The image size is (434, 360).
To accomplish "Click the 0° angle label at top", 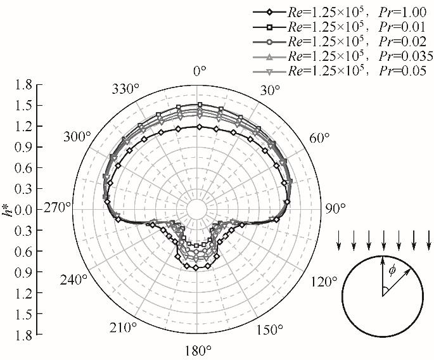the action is coord(200,72).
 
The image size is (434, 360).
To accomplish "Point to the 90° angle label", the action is coord(335,209).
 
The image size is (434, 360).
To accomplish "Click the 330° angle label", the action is coord(125,89).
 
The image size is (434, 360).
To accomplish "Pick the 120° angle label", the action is coord(324,282).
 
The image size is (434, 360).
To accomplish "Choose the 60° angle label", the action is coord(319,138).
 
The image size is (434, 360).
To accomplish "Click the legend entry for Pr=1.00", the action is coord(340,12).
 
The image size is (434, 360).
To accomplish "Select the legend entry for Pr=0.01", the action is coord(340,27).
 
